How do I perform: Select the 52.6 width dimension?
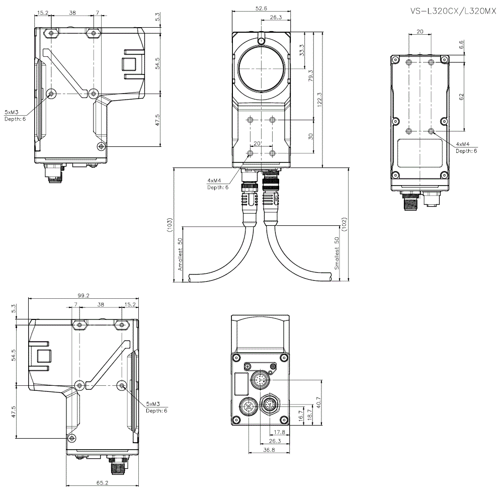click(261, 8)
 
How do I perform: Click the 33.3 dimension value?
click(301, 50)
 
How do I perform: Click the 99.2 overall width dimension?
click(83, 296)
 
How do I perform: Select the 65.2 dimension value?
click(102, 482)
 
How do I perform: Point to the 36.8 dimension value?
click(269, 450)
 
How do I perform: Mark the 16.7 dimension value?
click(301, 416)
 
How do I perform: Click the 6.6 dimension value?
click(461, 45)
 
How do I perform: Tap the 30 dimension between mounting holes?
click(311, 136)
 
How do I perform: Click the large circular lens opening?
click(261, 69)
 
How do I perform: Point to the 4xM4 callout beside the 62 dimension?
click(462, 144)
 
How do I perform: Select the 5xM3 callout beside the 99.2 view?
click(153, 404)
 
